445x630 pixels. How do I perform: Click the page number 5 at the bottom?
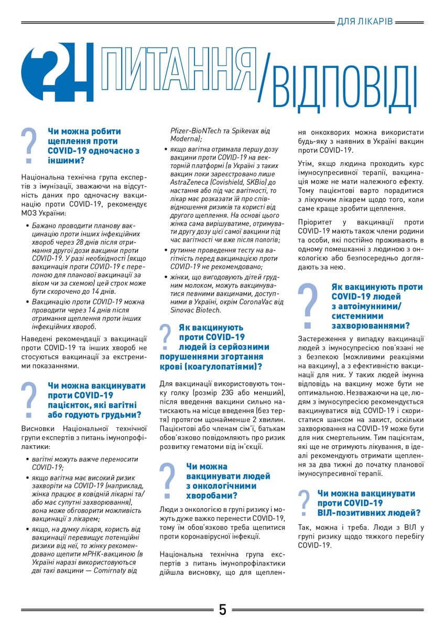223,610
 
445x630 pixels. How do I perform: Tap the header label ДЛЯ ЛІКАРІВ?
364,22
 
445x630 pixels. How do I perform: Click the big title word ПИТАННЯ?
179,71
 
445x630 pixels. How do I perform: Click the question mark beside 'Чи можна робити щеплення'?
31,145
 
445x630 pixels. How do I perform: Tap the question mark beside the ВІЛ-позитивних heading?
303,503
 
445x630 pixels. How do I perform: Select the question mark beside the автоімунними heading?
311,305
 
